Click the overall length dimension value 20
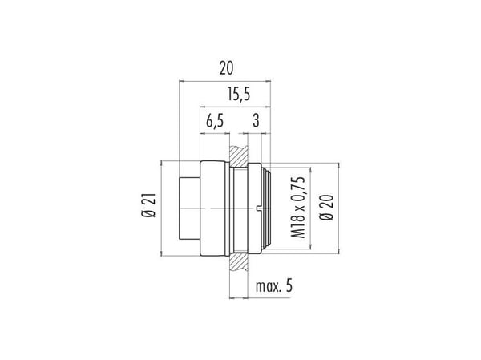(226, 68)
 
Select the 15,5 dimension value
(239, 95)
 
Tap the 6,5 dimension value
(215, 120)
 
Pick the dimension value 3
(257, 120)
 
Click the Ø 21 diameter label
(149, 205)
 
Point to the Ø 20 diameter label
(326, 207)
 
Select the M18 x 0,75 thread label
(298, 208)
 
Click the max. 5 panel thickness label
(274, 286)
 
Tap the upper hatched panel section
(239, 156)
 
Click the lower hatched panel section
(239, 261)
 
